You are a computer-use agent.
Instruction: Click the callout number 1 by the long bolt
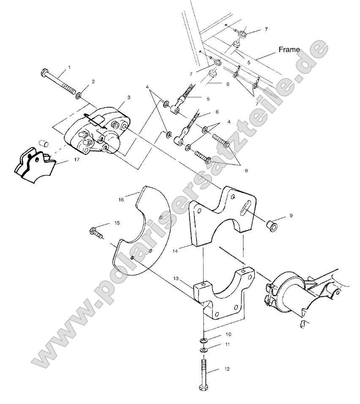69,67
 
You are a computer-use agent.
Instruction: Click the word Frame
289,49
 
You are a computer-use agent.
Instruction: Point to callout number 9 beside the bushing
291,216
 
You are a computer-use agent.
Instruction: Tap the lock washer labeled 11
204,350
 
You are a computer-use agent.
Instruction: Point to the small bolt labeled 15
95,232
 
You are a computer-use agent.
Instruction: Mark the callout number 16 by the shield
121,199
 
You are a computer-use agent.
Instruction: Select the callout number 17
65,160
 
